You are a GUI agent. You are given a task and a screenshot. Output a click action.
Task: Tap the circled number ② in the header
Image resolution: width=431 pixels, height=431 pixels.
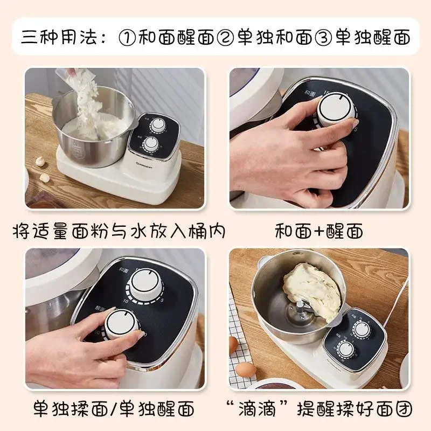pyautogui.click(x=226, y=37)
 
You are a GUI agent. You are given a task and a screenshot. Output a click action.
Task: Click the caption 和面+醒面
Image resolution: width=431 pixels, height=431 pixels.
pyautogui.click(x=318, y=231)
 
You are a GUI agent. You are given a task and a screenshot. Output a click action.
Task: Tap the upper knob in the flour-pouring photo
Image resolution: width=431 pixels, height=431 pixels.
pyautogui.click(x=158, y=124)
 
